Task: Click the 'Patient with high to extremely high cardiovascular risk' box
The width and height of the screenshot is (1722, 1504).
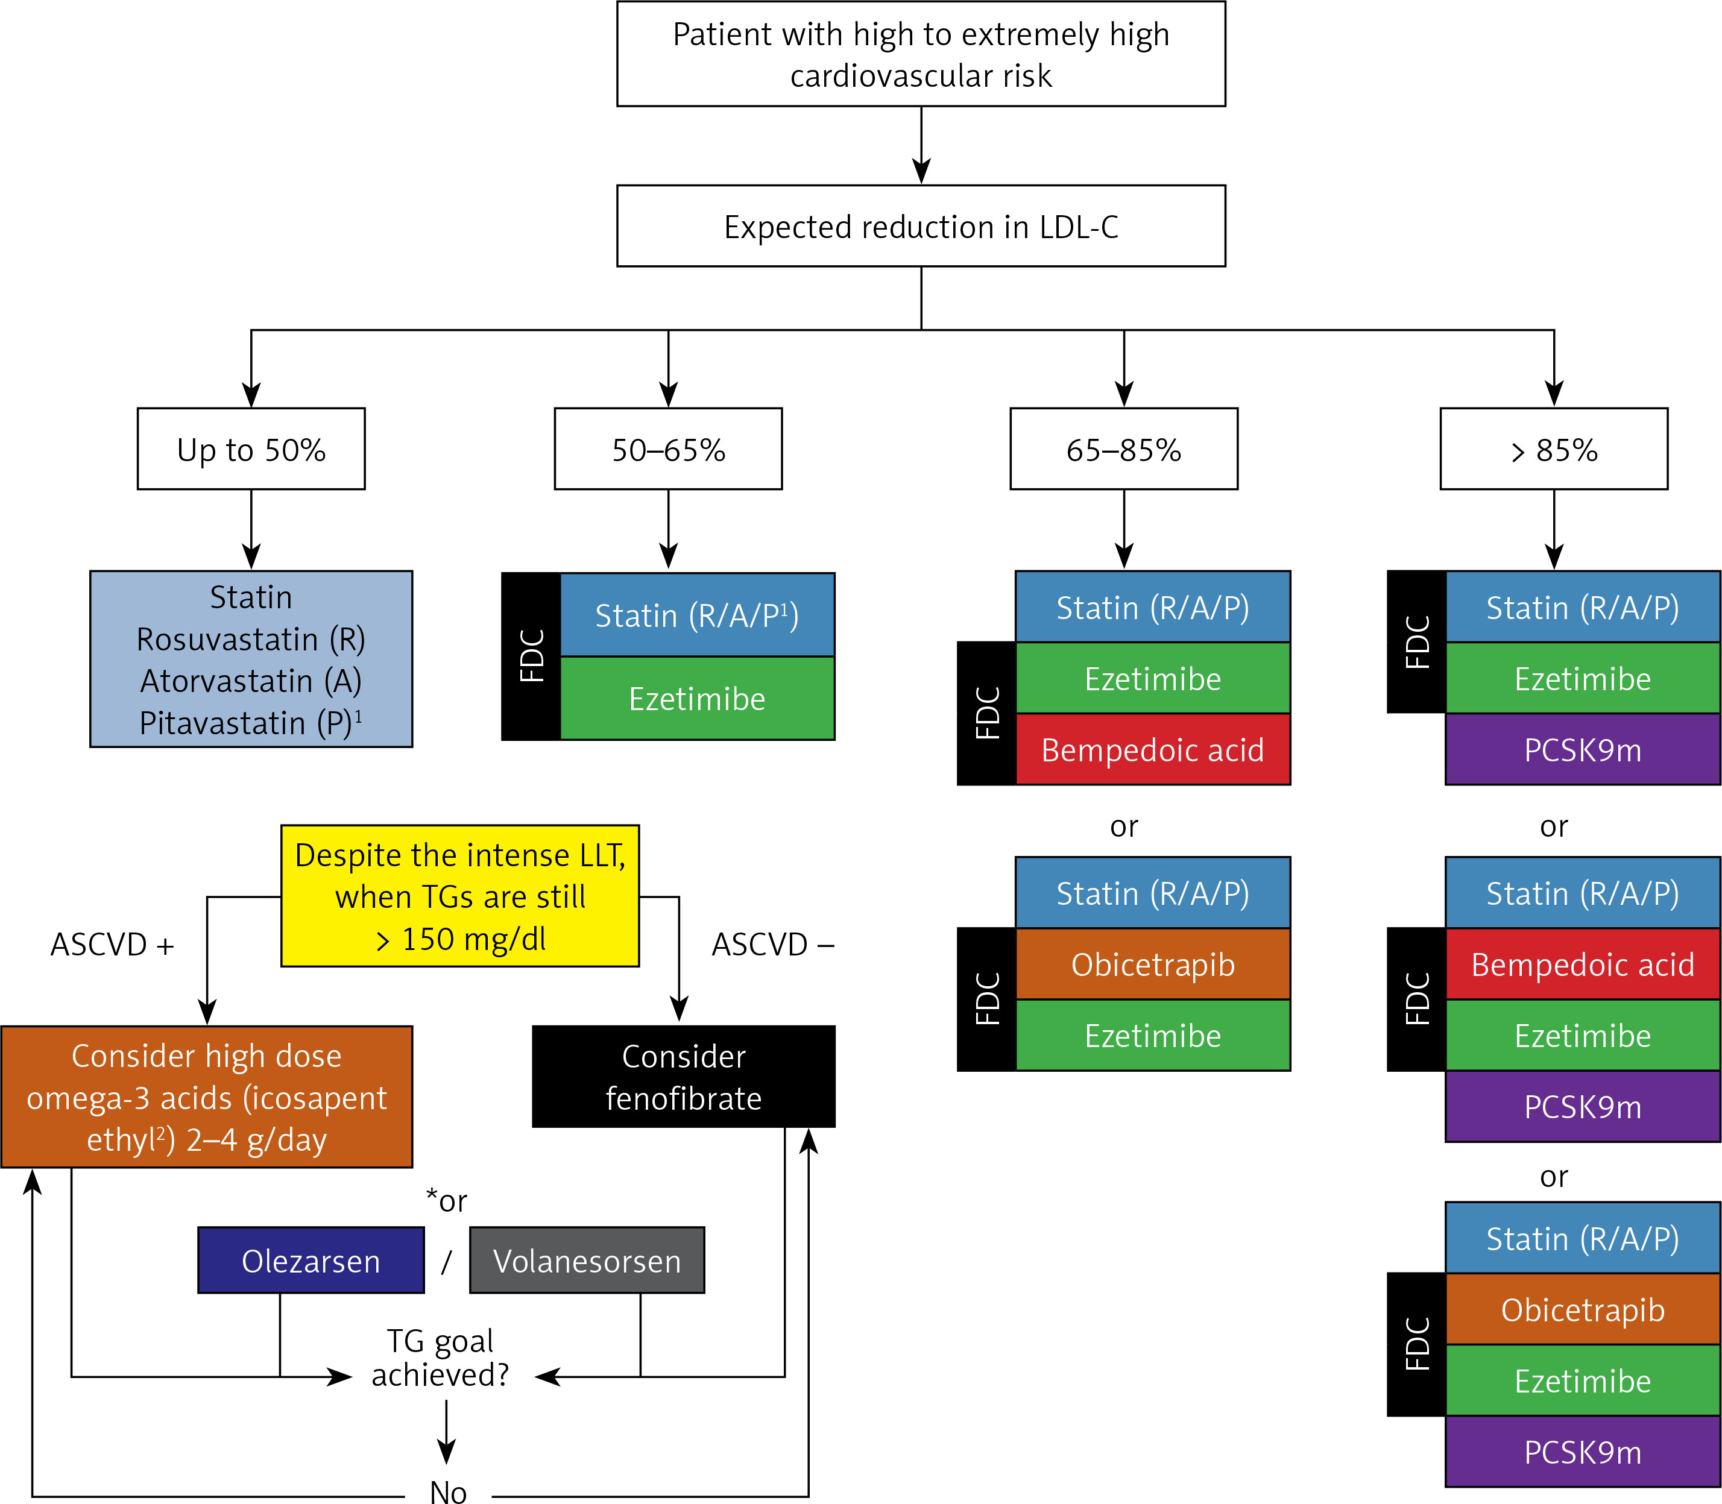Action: (921, 54)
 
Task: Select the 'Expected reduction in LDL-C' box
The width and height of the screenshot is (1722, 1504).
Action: (921, 226)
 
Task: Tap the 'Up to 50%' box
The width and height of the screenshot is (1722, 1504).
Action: (251, 449)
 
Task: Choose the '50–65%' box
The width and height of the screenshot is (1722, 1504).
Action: (668, 449)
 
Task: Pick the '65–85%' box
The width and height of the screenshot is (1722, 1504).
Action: (1123, 449)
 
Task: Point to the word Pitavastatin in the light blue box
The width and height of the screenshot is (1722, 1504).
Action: (222, 723)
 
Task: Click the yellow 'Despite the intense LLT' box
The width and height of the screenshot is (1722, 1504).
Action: (460, 896)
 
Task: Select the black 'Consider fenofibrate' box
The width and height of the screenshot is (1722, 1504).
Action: (683, 1077)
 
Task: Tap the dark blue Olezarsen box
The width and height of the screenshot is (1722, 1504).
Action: (311, 1260)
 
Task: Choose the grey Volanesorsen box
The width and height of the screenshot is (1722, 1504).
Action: (587, 1260)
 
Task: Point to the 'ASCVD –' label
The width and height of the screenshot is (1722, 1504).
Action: (773, 945)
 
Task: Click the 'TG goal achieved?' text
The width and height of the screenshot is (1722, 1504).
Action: (441, 1358)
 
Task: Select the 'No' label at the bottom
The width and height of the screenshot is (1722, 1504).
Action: (449, 1491)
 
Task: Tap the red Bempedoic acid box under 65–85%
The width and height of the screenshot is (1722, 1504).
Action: (1153, 749)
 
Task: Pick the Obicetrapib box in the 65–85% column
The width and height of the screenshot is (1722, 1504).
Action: (1153, 964)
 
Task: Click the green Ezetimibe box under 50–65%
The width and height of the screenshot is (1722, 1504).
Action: (697, 698)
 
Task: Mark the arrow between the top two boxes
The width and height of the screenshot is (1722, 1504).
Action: (921, 145)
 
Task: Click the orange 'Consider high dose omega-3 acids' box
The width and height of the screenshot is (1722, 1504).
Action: (207, 1097)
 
